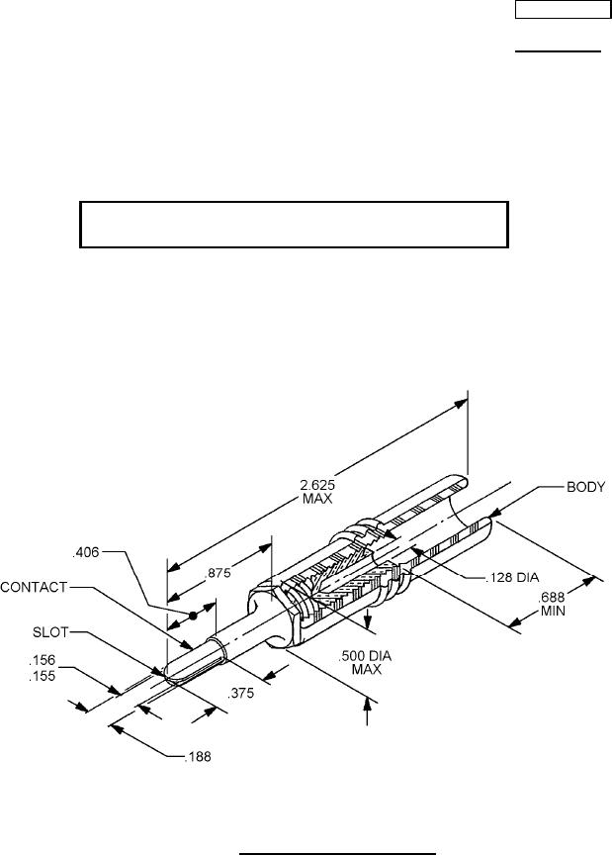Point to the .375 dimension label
[241, 694]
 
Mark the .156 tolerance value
[41, 659]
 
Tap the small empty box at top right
[560, 11]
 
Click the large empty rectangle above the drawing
[293, 225]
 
